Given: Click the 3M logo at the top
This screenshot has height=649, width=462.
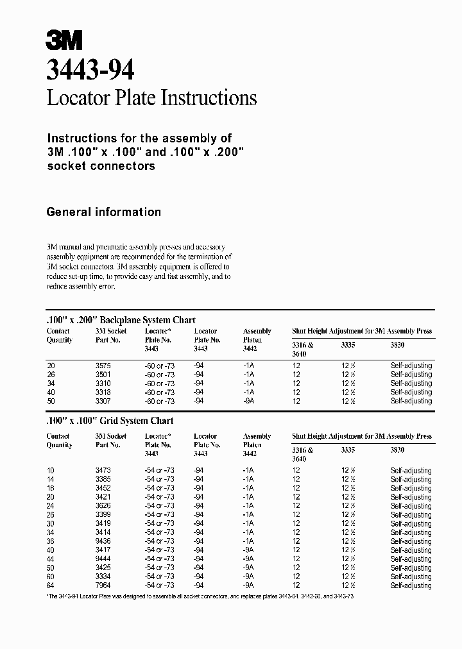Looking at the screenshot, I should [64, 40].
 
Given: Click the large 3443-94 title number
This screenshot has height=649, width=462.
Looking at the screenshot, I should [90, 69].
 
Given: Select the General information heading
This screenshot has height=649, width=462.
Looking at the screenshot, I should [103, 212].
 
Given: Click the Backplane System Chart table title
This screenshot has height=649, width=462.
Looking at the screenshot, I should [121, 319].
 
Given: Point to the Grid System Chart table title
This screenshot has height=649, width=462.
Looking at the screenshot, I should [110, 421].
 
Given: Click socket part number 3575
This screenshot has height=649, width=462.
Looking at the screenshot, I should [103, 366].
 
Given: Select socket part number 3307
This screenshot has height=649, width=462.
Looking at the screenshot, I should [103, 401].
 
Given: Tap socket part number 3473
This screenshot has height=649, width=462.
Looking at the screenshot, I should [103, 471].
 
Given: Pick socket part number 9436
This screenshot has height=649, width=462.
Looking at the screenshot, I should [103, 541].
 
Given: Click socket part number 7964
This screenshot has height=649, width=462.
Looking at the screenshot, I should [103, 586].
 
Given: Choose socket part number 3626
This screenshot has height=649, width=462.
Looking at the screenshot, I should [103, 506].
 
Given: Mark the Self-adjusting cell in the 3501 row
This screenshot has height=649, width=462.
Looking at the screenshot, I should [411, 375].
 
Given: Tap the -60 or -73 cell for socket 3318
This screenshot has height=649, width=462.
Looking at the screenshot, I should [159, 392].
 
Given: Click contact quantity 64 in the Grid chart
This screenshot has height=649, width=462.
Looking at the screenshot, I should [51, 586].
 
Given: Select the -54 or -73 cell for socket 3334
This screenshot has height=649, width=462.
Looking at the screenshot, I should [159, 577].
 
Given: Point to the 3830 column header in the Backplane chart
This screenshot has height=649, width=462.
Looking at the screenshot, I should [398, 345].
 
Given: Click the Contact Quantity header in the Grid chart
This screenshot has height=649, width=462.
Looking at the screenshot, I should [59, 441].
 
